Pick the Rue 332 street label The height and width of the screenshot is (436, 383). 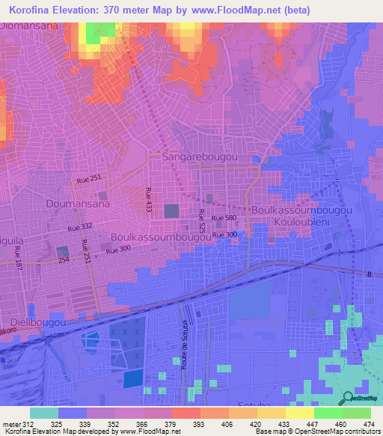(79, 227)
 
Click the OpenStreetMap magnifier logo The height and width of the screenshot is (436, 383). (347, 399)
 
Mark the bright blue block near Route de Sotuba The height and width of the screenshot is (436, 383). (132, 378)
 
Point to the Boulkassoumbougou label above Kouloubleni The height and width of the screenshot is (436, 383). (301, 211)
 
